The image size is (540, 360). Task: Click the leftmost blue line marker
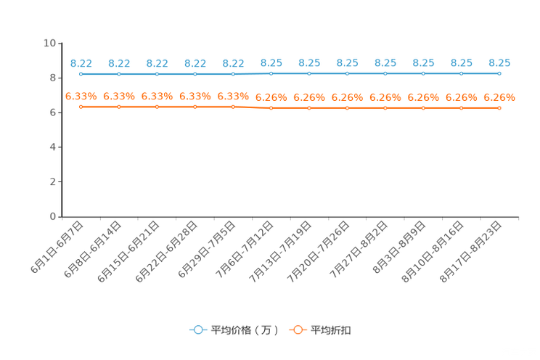point(81,74)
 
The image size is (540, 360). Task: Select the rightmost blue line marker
point(499,73)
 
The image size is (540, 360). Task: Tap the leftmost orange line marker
point(81,107)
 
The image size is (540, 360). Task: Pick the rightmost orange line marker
point(499,108)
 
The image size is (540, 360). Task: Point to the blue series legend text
point(244,330)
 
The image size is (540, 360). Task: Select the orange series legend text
point(332,330)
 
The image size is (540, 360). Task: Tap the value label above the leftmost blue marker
point(81,63)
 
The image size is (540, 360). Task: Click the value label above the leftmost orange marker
point(81,96)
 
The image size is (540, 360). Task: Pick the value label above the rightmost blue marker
point(499,62)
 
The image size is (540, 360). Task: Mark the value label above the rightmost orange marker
point(499,97)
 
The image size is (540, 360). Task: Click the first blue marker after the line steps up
point(271,73)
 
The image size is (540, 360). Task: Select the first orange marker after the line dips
point(271,108)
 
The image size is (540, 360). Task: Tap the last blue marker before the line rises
point(233,74)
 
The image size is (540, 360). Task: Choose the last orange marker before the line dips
point(233,107)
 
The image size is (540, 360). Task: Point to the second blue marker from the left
point(119,74)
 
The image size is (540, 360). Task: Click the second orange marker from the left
point(119,107)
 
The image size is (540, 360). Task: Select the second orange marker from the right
point(462,108)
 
